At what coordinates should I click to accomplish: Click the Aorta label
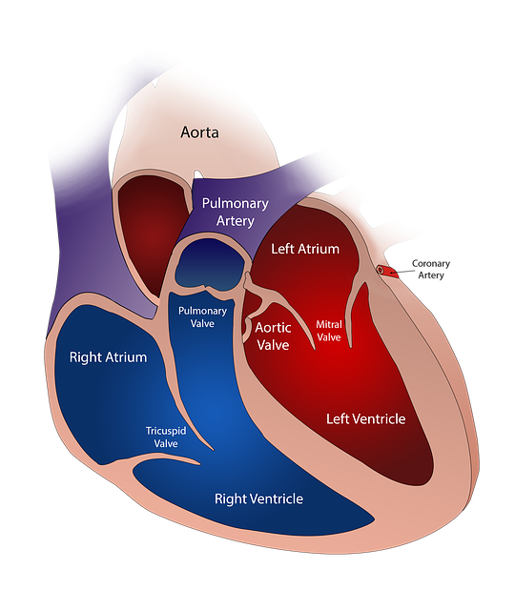tap(199, 132)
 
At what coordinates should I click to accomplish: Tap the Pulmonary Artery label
tap(236, 212)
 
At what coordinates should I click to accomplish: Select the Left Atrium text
tap(305, 249)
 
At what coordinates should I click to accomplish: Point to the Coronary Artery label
tap(431, 269)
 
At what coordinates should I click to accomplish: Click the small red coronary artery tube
tap(387, 271)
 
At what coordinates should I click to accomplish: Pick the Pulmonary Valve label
tap(202, 317)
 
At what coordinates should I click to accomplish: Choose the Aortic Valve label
tap(273, 336)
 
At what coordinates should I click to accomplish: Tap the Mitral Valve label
tap(329, 331)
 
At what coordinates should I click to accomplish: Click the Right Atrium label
tap(108, 357)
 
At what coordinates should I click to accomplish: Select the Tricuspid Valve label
tap(166, 437)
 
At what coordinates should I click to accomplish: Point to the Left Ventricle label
tap(365, 418)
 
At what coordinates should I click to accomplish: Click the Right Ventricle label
tap(258, 498)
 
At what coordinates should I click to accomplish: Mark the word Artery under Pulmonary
tap(236, 221)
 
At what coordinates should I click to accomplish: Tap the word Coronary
tap(431, 263)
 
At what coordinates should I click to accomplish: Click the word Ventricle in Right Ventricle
tap(278, 498)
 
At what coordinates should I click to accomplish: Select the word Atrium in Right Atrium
tap(128, 357)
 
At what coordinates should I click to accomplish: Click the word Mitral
tap(329, 324)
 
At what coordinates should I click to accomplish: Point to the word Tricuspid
tap(166, 432)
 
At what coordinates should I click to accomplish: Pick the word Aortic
tap(273, 328)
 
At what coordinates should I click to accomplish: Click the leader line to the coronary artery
tap(400, 272)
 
